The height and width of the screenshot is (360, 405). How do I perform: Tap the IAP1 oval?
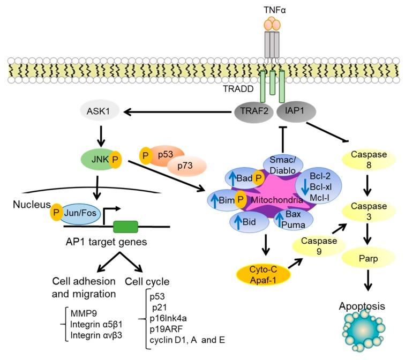pos(297,112)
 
